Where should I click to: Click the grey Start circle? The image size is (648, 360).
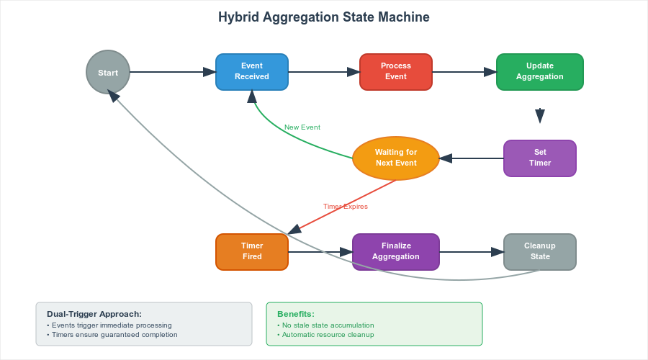108,72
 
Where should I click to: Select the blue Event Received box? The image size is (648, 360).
252,72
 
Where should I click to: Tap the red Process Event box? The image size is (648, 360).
396,72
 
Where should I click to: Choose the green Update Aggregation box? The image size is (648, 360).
540,72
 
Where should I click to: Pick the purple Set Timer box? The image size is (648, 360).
540,158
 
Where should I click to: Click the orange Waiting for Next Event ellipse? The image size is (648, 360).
396,158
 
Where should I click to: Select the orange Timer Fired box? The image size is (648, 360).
252,252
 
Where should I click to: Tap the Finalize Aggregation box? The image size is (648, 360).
396,252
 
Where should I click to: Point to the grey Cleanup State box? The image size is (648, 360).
540,252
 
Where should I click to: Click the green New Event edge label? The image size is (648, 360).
302,127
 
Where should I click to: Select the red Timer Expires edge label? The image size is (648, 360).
346,206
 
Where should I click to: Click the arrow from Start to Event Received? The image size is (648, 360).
173,72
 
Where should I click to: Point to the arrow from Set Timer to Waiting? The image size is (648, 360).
472,158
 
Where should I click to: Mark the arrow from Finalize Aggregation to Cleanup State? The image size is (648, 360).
472,252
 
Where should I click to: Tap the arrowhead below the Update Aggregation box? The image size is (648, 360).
540,116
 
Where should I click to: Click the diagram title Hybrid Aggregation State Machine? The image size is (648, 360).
324,17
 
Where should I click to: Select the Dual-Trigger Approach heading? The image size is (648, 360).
94,314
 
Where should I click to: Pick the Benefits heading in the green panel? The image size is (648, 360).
296,314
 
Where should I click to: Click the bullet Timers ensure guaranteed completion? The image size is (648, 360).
112,335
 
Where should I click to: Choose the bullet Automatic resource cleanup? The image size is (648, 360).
325,335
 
